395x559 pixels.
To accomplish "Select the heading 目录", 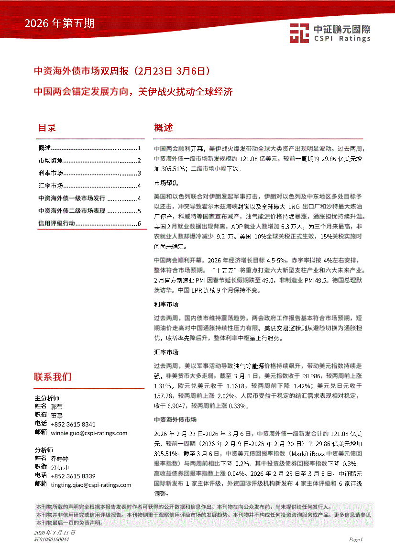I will (x=47, y=128).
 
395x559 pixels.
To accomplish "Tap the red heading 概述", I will (x=163, y=128).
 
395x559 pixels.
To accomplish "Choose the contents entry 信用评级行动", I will (x=56, y=223).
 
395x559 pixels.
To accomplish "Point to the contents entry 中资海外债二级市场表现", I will (x=72, y=210).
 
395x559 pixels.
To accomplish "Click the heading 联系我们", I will (x=53, y=376).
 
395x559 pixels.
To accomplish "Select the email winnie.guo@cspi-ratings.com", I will (x=88, y=433).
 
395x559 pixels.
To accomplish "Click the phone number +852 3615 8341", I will (x=73, y=424).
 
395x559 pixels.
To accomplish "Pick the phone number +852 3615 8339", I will (x=73, y=476).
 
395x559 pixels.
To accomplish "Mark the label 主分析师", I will (x=47, y=398).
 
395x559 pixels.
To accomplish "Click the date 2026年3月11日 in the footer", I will (x=55, y=532).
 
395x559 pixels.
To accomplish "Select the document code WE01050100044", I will (x=52, y=539).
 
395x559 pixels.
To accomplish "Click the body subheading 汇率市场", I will (x=166, y=352).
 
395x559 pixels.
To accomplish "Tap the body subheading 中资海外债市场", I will (x=175, y=419).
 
